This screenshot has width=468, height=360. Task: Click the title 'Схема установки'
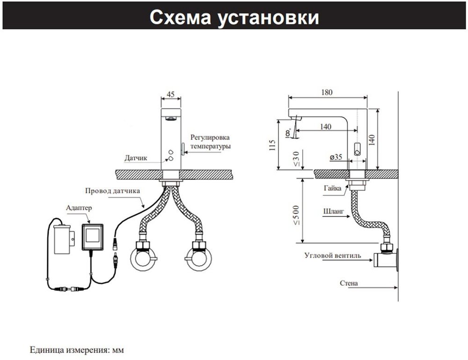coord(234,17)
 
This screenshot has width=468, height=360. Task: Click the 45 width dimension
coord(170,94)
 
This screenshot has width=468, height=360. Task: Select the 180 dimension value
coord(327,93)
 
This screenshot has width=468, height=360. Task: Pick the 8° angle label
coord(288,132)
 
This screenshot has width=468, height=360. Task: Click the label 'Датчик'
coord(136,158)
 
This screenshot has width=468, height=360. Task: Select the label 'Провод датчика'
coord(112,191)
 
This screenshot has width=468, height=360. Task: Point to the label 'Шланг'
coord(334,211)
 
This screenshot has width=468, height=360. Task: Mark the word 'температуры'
coord(210,146)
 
